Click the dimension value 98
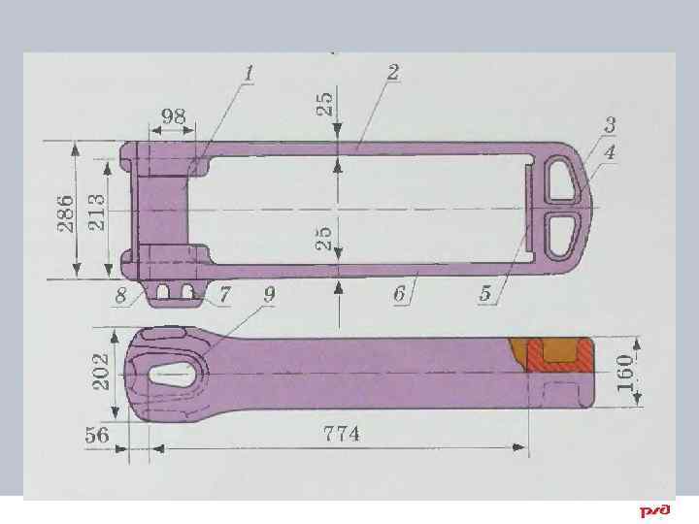click(174, 115)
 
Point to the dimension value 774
click(342, 434)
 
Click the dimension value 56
click(97, 434)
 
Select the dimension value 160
click(626, 372)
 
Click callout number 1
click(250, 74)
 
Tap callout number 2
click(393, 73)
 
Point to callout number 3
click(610, 125)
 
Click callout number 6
click(400, 294)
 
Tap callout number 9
click(268, 292)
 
